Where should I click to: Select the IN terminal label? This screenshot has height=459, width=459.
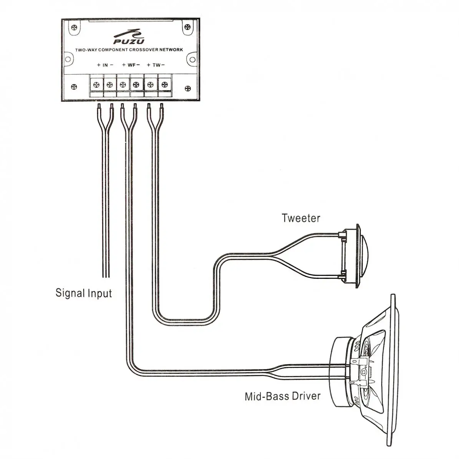(x=105, y=65)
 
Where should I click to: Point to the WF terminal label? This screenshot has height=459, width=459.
(x=131, y=65)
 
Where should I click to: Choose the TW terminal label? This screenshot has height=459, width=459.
(x=156, y=65)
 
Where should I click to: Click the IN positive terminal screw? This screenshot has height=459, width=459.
(x=96, y=84)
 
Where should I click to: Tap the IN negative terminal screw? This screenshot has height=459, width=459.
(x=109, y=84)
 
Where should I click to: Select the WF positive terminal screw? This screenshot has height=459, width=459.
(x=123, y=84)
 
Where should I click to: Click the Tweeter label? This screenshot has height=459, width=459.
(x=301, y=218)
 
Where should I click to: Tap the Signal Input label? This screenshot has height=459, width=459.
(x=84, y=293)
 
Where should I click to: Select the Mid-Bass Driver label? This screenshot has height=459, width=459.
(x=283, y=396)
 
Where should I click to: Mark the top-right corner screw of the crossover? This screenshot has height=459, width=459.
(x=187, y=27)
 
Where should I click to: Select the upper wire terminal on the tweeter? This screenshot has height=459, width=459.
(x=341, y=234)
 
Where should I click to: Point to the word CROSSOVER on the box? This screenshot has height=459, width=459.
(x=142, y=50)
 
